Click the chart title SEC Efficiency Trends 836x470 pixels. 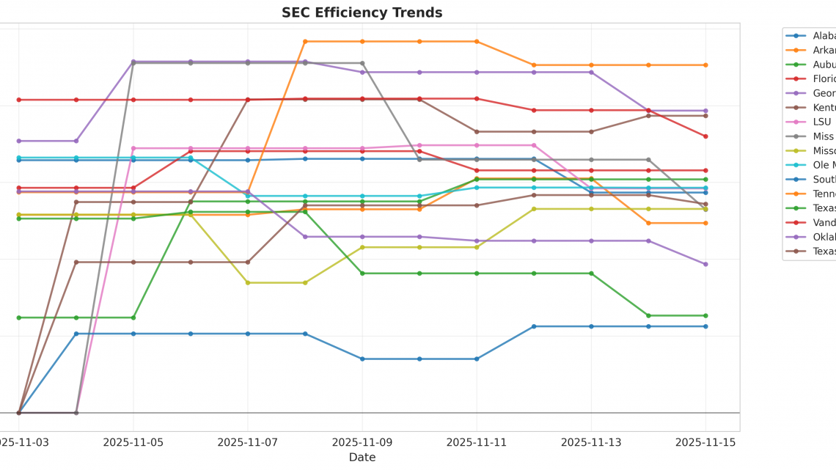click(x=362, y=12)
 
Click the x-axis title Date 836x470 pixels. click(x=362, y=458)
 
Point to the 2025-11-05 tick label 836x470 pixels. click(x=133, y=442)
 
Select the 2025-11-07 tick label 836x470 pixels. click(x=247, y=442)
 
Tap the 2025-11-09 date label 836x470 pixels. click(x=362, y=442)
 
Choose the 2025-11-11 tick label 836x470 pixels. click(x=476, y=442)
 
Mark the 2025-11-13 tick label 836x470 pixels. click(x=590, y=442)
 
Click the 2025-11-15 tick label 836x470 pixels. click(x=705, y=442)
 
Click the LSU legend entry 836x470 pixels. click(x=821, y=122)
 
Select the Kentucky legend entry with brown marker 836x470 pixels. click(x=821, y=108)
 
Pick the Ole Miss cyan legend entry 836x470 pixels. click(x=821, y=165)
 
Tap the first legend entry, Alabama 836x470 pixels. click(x=821, y=36)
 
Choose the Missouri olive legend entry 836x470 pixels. click(x=821, y=150)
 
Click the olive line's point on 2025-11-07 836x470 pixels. click(x=248, y=282)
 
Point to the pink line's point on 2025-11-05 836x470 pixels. click(x=133, y=148)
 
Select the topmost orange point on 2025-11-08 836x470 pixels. click(x=305, y=42)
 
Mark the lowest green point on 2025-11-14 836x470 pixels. click(x=648, y=315)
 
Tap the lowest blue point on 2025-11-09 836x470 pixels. click(x=362, y=359)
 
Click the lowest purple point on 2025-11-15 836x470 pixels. click(x=705, y=264)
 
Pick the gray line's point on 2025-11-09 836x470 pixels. click(x=362, y=63)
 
